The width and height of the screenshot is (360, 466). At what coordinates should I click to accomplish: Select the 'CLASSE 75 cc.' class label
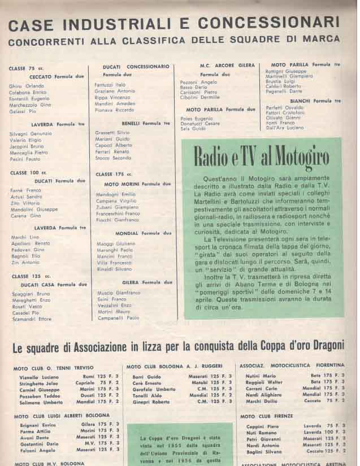[21, 68]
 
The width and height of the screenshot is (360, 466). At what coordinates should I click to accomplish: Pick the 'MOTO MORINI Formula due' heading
[137, 184]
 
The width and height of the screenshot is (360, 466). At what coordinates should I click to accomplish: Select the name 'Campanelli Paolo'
[118, 318]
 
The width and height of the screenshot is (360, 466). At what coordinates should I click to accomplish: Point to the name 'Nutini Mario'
[261, 375]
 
